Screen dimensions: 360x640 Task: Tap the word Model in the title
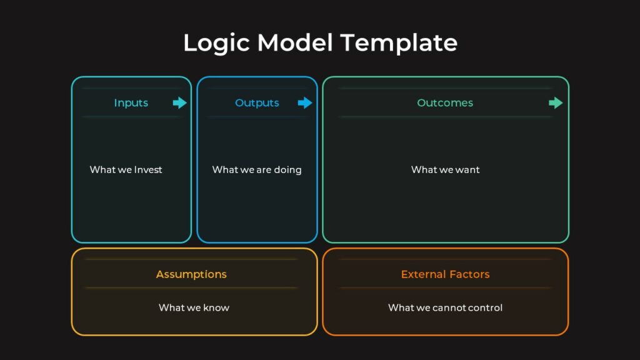pos(296,43)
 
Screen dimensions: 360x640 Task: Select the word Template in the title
pos(399,43)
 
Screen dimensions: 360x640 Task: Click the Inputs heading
pos(131,103)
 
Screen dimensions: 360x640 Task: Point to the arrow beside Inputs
pos(180,103)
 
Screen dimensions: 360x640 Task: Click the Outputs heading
pos(257,103)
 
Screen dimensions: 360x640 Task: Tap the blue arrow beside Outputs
pos(305,103)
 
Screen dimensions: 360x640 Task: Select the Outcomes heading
pos(445,103)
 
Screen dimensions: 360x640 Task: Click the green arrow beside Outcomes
pos(556,103)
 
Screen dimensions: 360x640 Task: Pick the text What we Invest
pos(126,169)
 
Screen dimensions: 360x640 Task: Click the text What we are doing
pos(256,169)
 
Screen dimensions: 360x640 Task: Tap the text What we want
pos(445,169)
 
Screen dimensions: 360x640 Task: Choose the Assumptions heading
pos(191,274)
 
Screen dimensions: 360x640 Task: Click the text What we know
pos(194,307)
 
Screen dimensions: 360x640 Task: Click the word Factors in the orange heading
pos(469,274)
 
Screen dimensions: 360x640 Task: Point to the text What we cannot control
pos(445,307)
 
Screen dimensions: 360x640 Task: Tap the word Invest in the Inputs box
pos(148,169)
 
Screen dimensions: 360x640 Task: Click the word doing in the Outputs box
pos(287,170)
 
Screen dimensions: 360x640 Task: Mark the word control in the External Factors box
pos(486,307)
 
